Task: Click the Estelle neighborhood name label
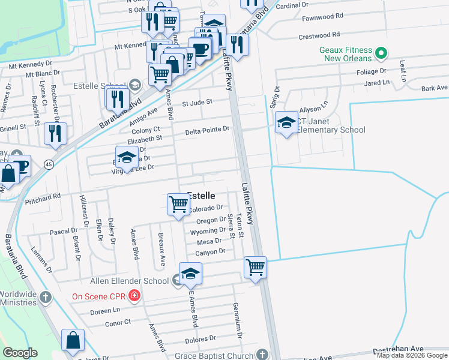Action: (x=202, y=195)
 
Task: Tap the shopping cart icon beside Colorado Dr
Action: (x=178, y=204)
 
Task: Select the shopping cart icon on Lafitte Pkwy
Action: (x=255, y=266)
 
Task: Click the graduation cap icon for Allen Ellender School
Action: (x=190, y=273)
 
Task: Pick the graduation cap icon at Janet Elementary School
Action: (x=286, y=123)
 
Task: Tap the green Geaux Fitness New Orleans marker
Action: (x=380, y=54)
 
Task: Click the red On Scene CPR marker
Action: (x=134, y=295)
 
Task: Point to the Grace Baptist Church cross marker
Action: (x=262, y=354)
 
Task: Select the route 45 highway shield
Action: (x=48, y=163)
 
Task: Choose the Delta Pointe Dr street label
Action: (x=207, y=130)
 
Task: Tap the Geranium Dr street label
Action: (x=238, y=316)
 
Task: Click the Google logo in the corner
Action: (x=20, y=353)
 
